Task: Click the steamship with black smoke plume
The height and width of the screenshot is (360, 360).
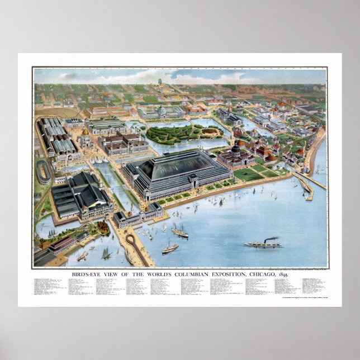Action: tap(264, 243)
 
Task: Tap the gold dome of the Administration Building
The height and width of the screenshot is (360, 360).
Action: tap(84, 132)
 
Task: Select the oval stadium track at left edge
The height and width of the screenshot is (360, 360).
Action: tap(43, 172)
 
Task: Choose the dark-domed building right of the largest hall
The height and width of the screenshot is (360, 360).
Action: tap(236, 152)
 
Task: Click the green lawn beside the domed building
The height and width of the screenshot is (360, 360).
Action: tap(247, 174)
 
